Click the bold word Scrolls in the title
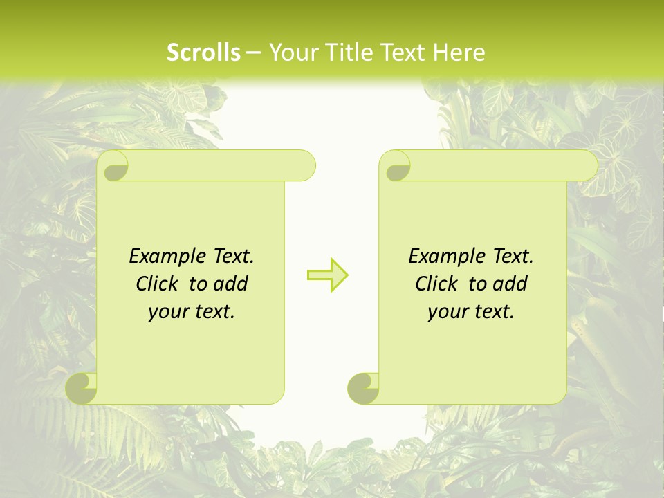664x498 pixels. click(x=204, y=53)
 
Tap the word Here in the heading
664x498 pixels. click(x=459, y=53)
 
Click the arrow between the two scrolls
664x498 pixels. click(x=327, y=275)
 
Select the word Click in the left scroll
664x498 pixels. click(x=156, y=284)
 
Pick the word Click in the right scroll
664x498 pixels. click(x=436, y=284)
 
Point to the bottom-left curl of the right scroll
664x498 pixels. click(x=364, y=388)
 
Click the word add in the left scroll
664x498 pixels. click(x=231, y=284)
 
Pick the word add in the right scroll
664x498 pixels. click(x=510, y=284)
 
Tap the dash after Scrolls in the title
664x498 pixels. click(x=253, y=53)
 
